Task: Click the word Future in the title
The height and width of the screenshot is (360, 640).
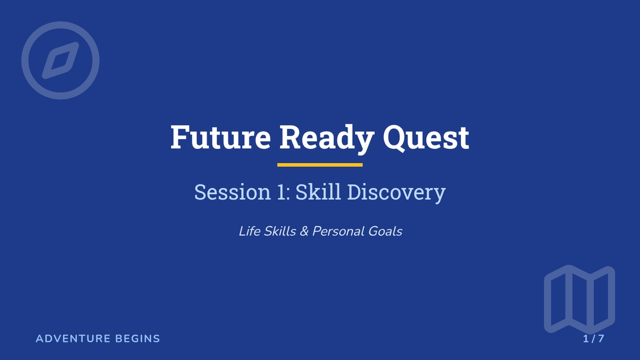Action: [221, 137]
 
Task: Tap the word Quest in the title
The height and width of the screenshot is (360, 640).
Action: [426, 139]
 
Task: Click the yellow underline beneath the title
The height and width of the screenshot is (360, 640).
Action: [319, 165]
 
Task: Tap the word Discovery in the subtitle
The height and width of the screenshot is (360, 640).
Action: [397, 193]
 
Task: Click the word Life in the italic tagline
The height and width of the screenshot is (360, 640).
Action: [249, 231]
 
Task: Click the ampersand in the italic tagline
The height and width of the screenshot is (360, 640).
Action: [305, 231]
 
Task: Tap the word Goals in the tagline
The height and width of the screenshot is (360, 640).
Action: [385, 231]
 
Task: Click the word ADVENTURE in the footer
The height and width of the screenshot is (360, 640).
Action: [73, 339]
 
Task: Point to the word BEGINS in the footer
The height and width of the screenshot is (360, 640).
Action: [138, 339]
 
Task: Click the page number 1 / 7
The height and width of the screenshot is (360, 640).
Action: [594, 339]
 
